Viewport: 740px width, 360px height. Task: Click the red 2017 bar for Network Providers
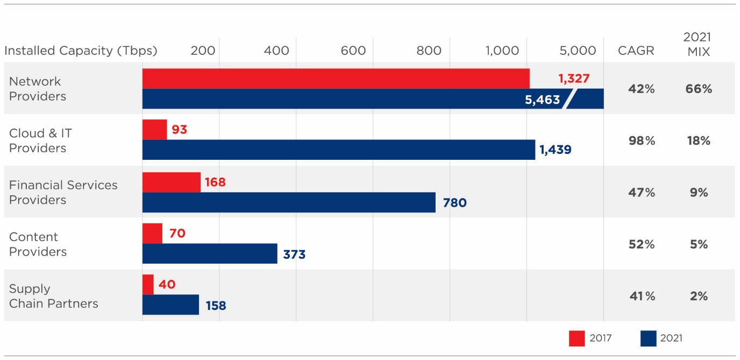coord(336,79)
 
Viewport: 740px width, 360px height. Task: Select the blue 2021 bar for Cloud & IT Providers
coord(339,150)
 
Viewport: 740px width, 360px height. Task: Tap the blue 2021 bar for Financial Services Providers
coord(289,202)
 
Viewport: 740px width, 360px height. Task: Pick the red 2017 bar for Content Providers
coord(152,234)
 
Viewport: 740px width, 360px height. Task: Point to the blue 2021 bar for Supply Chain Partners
coord(170,305)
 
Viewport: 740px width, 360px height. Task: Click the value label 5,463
coord(542,100)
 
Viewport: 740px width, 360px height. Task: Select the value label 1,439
coord(556,150)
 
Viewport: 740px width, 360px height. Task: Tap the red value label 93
coord(180,130)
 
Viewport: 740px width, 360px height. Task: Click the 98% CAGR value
coord(642,141)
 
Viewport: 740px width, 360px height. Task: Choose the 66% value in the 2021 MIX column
coord(699,89)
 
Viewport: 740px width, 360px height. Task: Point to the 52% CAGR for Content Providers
coord(642,244)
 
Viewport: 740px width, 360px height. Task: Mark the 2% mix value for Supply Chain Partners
coord(699,296)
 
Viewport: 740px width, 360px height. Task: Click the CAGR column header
coord(636,51)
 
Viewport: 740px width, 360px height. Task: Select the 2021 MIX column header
coord(698,44)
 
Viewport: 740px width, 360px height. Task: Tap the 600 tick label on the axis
coord(353,51)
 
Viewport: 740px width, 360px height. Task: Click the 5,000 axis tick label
coord(578,51)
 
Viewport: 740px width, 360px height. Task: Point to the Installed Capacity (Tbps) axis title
coord(81,51)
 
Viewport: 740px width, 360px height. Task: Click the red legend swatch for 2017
coord(576,338)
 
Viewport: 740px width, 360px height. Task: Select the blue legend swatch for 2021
coord(649,338)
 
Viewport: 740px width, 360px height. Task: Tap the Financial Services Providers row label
coord(63,192)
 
